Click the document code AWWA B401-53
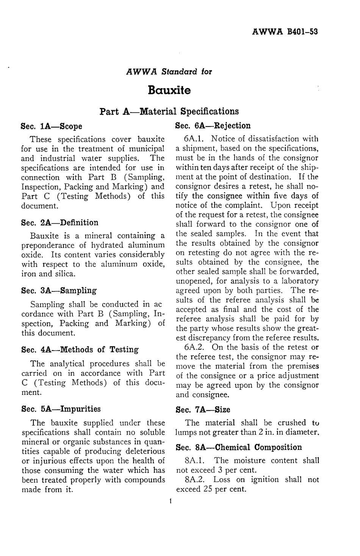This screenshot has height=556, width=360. point(285,31)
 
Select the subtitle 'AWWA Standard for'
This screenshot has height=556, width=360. point(169,71)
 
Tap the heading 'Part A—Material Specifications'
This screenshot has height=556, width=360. point(169,111)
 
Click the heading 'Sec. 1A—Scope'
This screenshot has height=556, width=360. point(52,126)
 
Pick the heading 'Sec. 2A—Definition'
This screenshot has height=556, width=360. point(60,222)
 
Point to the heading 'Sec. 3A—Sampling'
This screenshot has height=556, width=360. point(59,291)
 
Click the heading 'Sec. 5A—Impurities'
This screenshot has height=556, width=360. point(61,409)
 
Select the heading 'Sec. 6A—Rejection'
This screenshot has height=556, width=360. point(213,126)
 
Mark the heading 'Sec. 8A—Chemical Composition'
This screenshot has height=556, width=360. point(239,447)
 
